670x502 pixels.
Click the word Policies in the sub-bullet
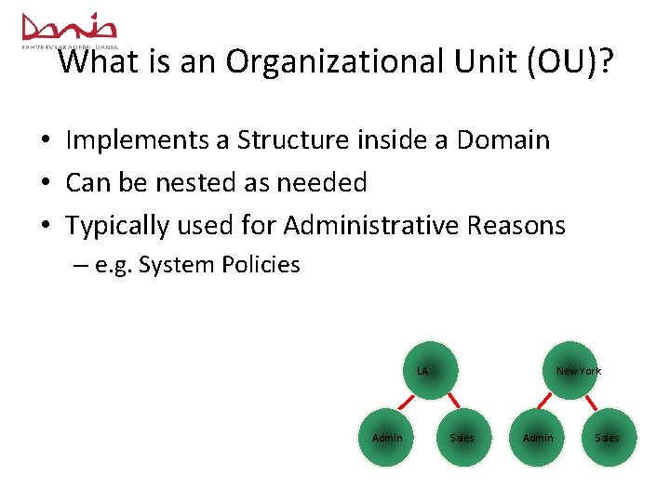(x=261, y=265)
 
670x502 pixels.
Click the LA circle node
(x=428, y=370)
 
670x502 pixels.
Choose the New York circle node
(x=569, y=370)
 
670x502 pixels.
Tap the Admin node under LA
(x=387, y=438)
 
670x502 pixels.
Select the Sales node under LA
(x=462, y=438)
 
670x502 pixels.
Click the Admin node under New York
(x=538, y=438)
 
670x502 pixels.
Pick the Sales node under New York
(x=607, y=438)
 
